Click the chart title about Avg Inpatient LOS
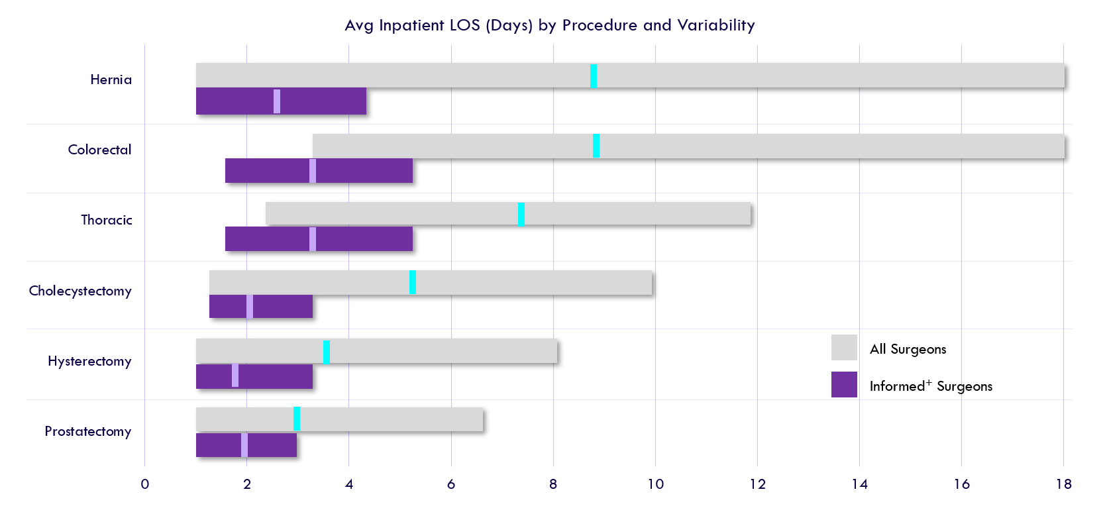pos(549,25)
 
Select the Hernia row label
pos(111,79)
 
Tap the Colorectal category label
pos(99,150)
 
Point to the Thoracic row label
pos(106,220)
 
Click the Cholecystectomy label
pos(80,291)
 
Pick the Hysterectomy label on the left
pos(89,361)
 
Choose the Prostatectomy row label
pos(87,431)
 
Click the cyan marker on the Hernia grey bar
pos(594,76)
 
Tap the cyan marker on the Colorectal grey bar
pos(596,146)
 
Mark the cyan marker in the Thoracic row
pos(521,214)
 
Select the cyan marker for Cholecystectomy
pos(413,282)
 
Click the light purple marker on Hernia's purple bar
pos(277,101)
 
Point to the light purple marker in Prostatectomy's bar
pos(244,444)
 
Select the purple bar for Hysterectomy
pos(278,376)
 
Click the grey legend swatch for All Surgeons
pos(844,348)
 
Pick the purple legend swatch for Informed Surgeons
pos(844,385)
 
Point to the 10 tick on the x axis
pos(655,484)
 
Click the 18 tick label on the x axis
pos(1063,484)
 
